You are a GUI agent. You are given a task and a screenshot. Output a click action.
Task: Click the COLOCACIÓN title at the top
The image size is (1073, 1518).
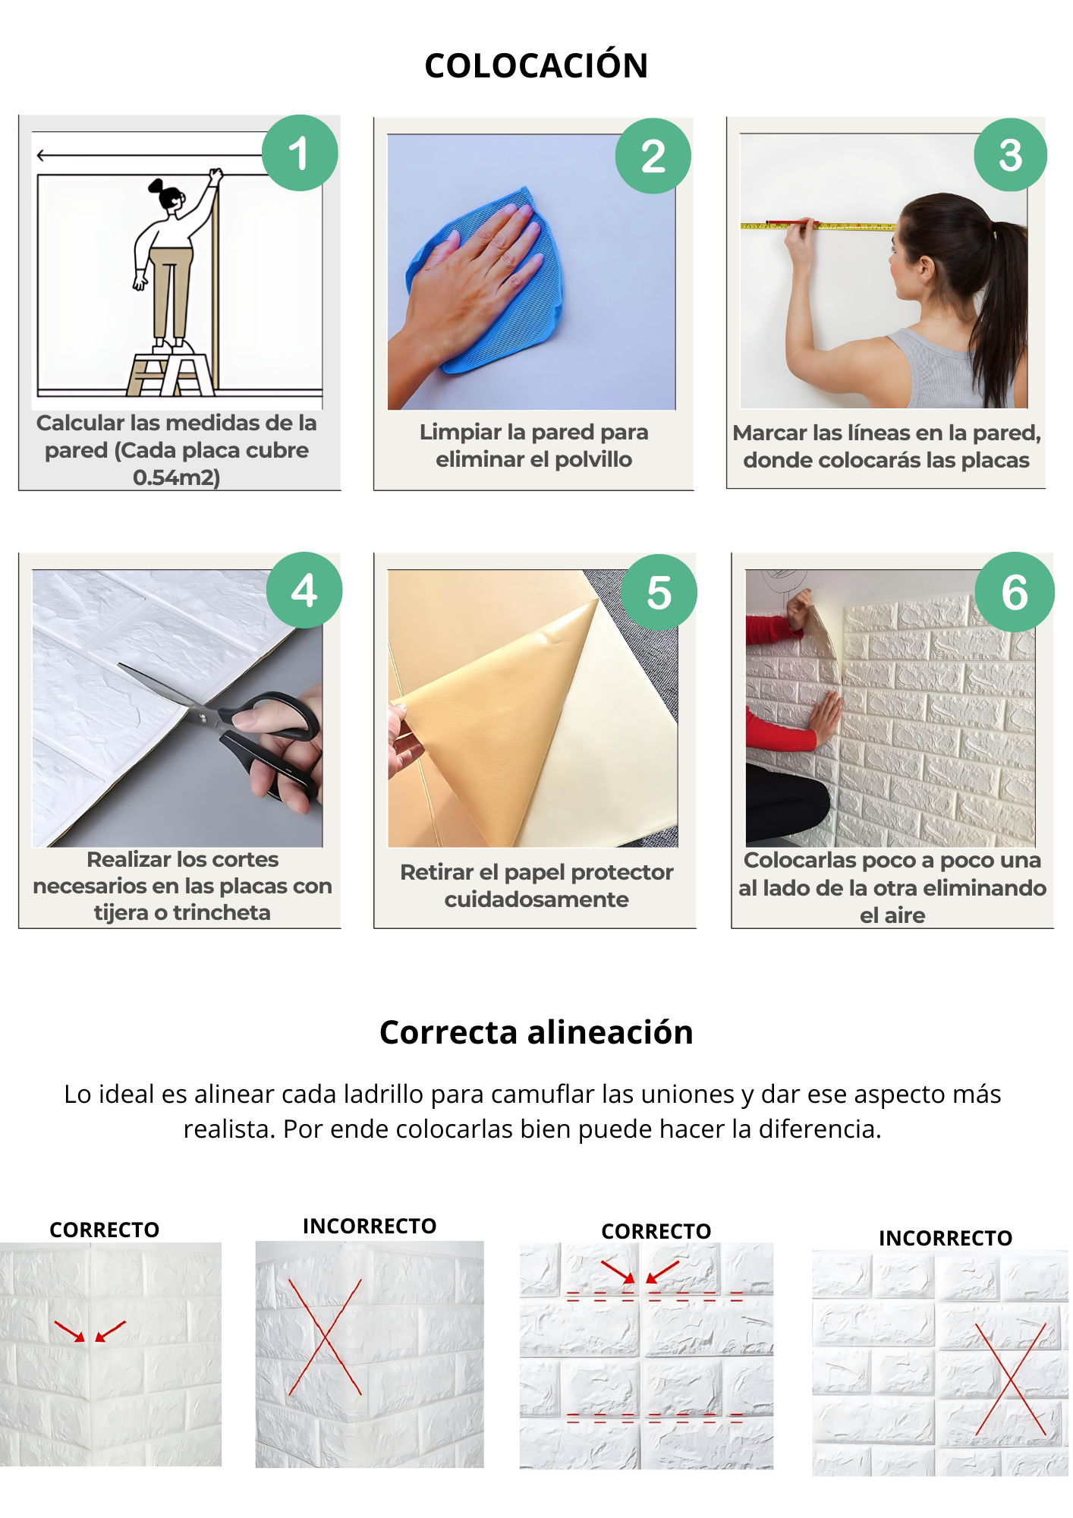[536, 65]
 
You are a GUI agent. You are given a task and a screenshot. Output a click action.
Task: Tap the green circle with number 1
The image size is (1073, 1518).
[300, 153]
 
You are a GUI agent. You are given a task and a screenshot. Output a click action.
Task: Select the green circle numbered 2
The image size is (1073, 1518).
[653, 156]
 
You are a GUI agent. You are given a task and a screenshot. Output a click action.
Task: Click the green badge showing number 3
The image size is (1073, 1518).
[1011, 155]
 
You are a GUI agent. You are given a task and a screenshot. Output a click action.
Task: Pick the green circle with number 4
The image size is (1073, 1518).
[304, 590]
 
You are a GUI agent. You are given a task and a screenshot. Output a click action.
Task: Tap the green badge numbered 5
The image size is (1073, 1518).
[659, 592]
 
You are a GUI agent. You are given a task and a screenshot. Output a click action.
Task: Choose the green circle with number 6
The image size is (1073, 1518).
[1015, 592]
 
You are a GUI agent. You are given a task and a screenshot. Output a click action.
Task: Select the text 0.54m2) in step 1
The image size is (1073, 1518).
[176, 477]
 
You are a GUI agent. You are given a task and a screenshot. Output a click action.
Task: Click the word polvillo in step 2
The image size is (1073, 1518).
[593, 459]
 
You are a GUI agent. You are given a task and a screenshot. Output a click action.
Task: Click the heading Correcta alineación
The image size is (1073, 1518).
[536, 1032]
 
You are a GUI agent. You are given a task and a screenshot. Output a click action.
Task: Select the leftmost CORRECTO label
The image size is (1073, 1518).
[105, 1230]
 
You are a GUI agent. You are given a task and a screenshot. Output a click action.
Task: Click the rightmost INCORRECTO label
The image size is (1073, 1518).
[946, 1238]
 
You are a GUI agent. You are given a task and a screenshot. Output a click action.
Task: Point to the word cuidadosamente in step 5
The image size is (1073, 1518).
[536, 899]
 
